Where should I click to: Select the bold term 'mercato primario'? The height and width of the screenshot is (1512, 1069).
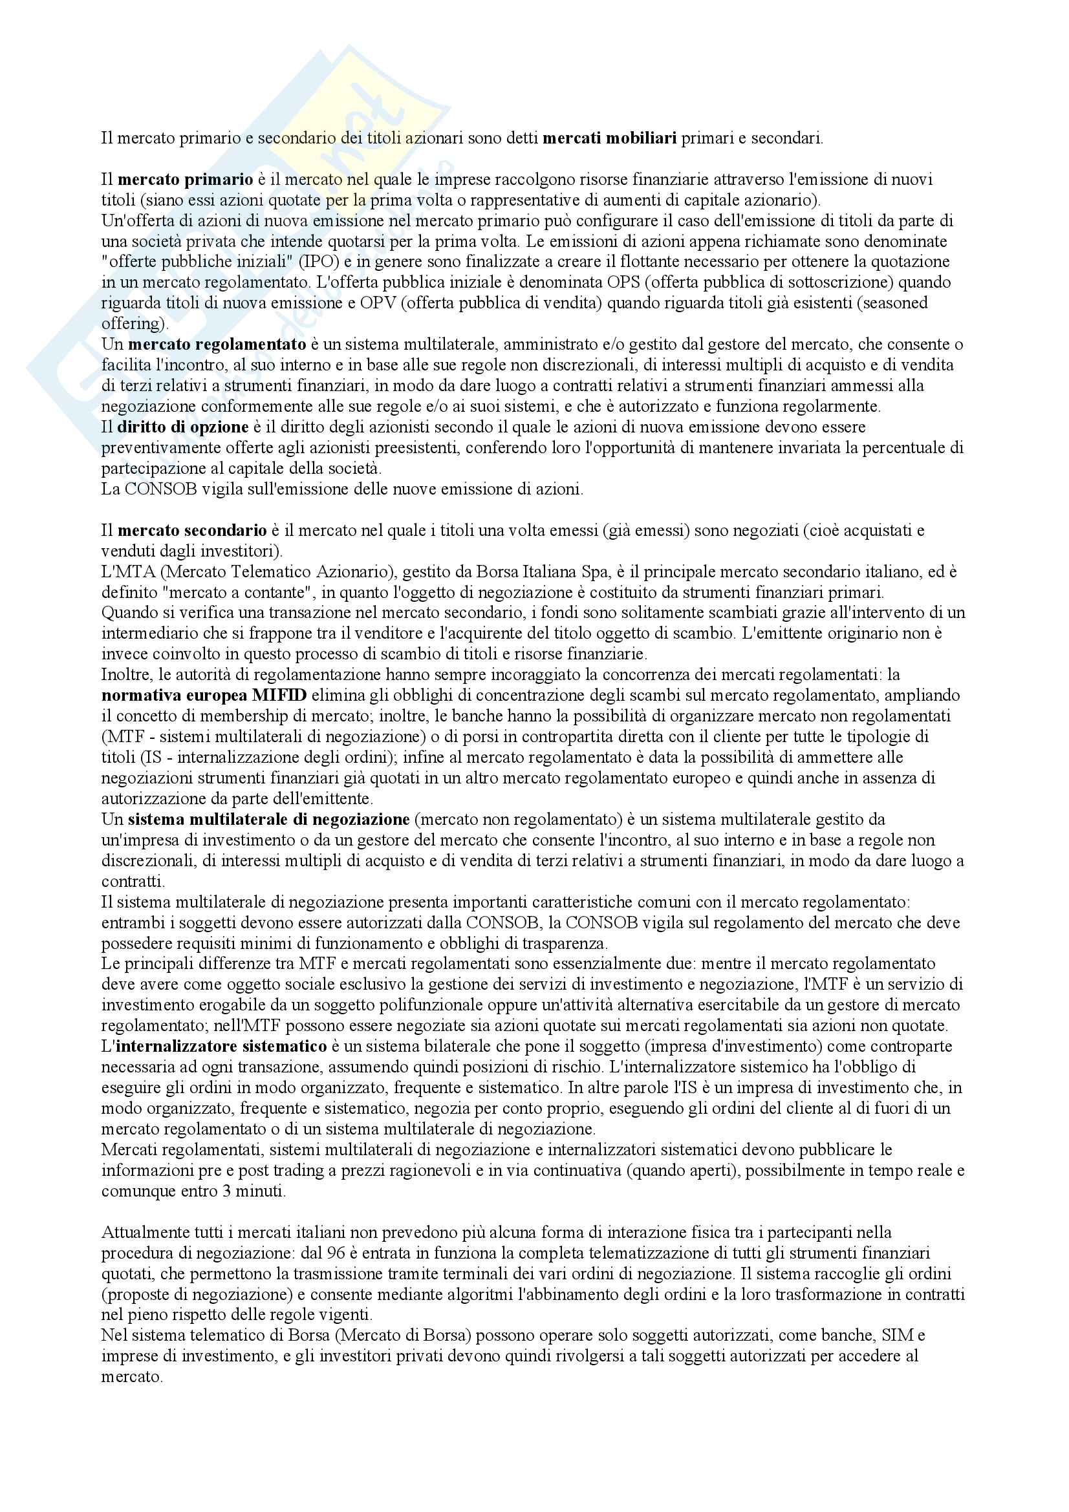185,179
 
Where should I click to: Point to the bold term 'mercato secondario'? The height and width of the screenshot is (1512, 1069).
192,530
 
